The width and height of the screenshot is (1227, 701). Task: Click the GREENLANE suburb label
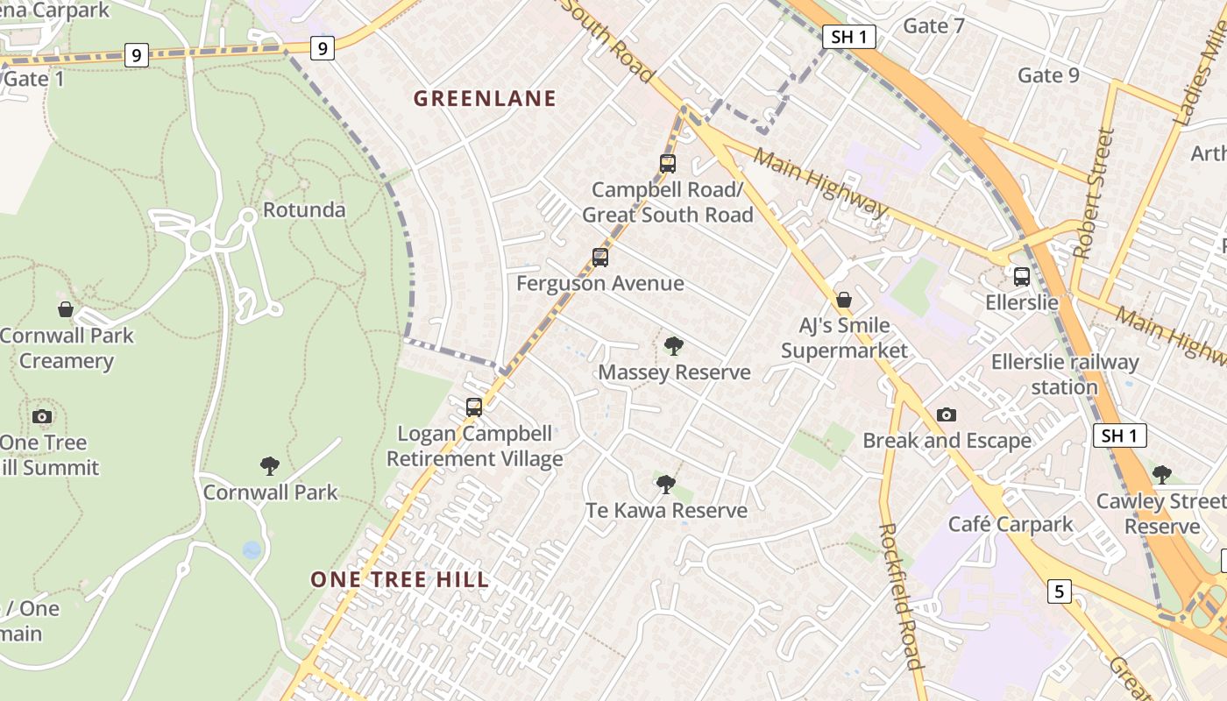point(485,99)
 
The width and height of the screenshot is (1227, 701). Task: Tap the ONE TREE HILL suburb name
point(400,579)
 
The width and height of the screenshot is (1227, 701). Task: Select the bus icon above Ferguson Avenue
point(600,258)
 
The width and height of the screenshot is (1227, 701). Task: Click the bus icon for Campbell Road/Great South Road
point(668,164)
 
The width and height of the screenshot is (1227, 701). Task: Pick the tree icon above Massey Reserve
point(673,346)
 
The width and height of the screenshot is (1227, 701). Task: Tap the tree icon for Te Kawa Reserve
point(666,485)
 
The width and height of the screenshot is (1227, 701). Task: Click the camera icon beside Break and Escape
point(946,414)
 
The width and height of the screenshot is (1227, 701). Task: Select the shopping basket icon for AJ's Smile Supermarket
point(844,301)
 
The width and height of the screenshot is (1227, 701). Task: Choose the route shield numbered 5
point(1059,592)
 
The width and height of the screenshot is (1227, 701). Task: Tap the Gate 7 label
point(933,26)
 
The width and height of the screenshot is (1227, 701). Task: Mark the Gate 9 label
point(1048,75)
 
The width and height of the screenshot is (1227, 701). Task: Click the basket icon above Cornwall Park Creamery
point(66,309)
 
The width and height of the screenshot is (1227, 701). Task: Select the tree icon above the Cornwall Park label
point(270,465)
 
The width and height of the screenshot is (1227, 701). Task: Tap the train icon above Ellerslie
point(1022,277)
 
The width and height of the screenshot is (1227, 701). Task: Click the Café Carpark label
point(1011,525)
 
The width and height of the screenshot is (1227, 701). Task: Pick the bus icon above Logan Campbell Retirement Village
point(474,407)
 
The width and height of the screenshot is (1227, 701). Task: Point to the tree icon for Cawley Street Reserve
point(1162,475)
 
